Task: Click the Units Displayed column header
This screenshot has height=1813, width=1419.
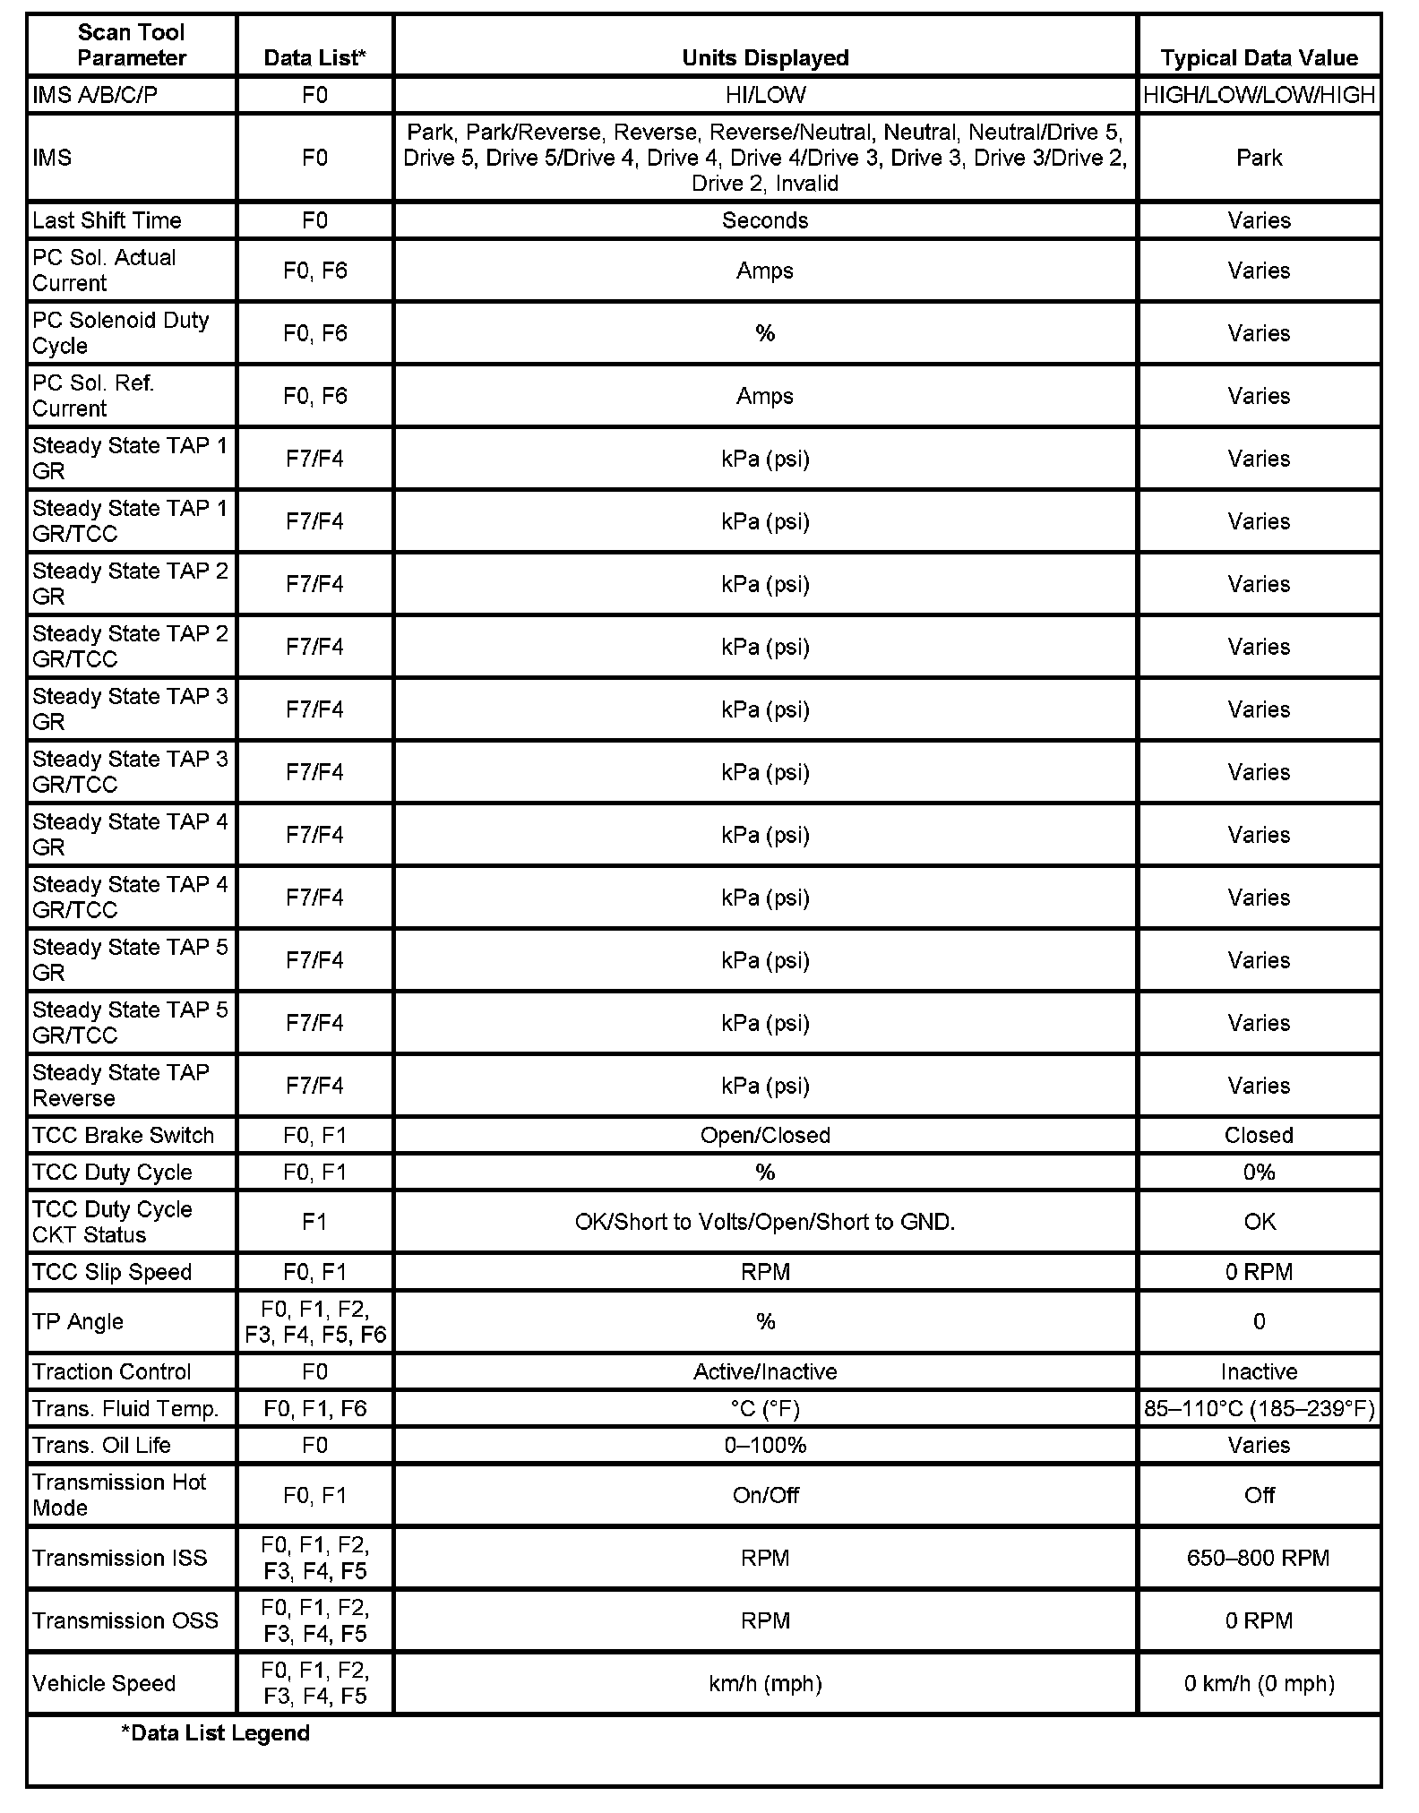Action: pos(765,58)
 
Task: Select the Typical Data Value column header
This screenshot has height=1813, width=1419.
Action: pos(1259,58)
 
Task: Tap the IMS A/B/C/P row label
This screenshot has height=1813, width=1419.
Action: pos(95,95)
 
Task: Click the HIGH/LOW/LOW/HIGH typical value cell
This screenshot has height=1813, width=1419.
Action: pos(1259,95)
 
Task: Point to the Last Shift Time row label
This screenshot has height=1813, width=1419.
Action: pos(107,220)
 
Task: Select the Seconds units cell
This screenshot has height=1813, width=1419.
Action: pos(765,220)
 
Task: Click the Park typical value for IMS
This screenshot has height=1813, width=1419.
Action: pos(1259,158)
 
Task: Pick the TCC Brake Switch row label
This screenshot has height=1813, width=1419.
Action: pos(123,1135)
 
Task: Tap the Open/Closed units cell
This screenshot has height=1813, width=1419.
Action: pos(765,1135)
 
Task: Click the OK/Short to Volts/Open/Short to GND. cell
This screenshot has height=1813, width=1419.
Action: pos(765,1222)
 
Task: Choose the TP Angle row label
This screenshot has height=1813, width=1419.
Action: pos(78,1321)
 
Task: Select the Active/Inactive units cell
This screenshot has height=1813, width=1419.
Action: pos(765,1371)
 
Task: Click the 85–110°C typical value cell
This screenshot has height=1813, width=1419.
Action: pos(1259,1409)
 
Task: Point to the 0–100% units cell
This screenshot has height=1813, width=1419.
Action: pos(765,1445)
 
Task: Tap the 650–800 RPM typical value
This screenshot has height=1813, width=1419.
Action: pos(1259,1558)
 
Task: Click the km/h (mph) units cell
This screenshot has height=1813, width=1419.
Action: pos(765,1683)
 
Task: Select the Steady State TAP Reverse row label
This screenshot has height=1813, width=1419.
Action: pos(120,1085)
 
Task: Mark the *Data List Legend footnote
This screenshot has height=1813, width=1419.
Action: pos(215,1732)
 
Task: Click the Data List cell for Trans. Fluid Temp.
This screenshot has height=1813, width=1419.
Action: pos(314,1409)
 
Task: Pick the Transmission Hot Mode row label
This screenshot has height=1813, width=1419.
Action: pos(119,1494)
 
